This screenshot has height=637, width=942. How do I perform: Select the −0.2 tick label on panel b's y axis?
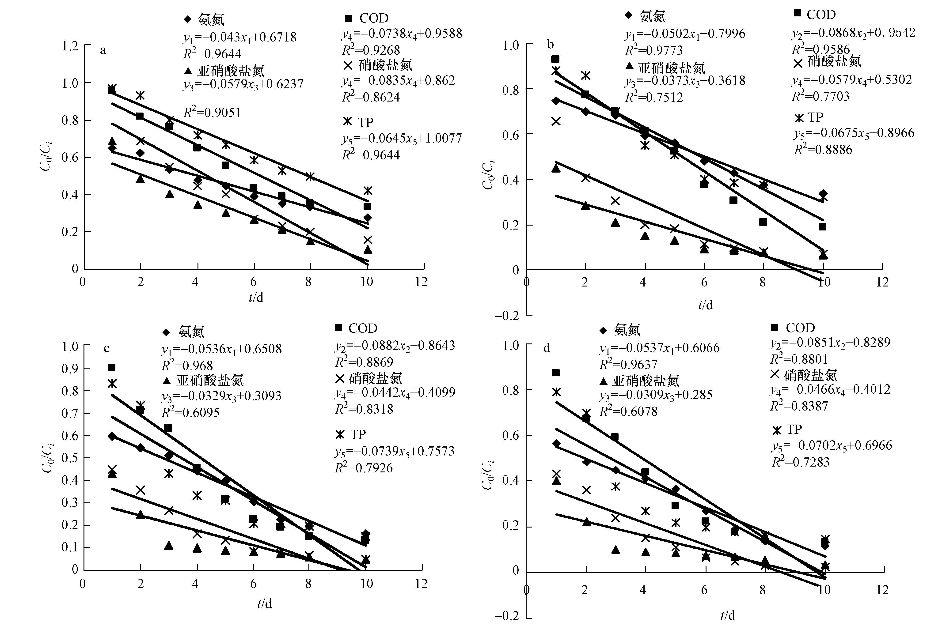pyautogui.click(x=507, y=316)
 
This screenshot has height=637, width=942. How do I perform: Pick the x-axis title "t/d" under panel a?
pyautogui.click(x=256, y=298)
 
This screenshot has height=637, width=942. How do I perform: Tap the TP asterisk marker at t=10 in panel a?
pyautogui.click(x=367, y=190)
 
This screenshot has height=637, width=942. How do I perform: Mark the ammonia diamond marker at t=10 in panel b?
pyautogui.click(x=823, y=194)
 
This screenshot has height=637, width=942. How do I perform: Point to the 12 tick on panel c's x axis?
pyautogui.click(x=421, y=584)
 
